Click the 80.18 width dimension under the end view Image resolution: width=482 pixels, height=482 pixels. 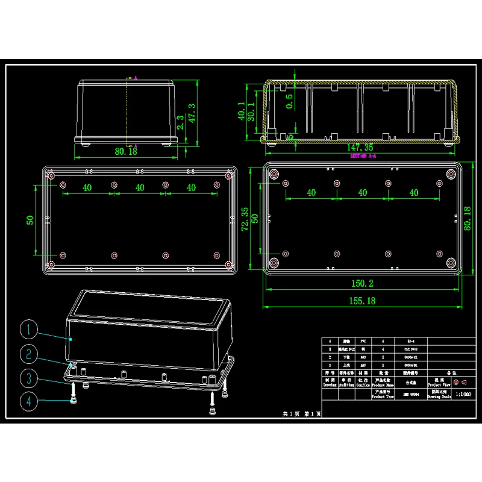click(125, 152)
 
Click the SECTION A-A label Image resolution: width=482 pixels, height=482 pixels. click(363, 156)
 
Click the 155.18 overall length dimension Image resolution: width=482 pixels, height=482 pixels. click(360, 300)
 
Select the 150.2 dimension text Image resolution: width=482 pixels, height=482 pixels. click(359, 283)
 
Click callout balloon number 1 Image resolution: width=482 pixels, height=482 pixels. click(29, 330)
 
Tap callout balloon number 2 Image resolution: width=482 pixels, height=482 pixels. click(29, 354)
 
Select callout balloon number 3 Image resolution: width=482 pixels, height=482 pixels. click(29, 378)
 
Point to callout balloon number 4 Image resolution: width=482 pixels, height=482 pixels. click(29, 401)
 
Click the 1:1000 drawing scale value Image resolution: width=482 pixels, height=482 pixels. click(463, 394)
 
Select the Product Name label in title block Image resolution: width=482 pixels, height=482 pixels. click(380, 381)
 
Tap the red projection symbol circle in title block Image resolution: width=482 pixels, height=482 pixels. click(456, 382)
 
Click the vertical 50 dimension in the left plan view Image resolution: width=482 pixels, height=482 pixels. click(30, 220)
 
